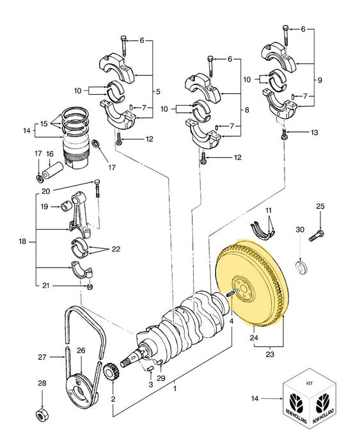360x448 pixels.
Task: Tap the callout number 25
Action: click(x=320, y=206)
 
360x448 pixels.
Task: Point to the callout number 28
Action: click(x=42, y=383)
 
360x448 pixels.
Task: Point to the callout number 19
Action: click(x=45, y=207)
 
